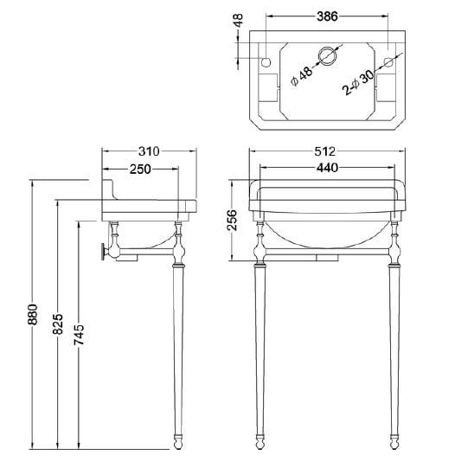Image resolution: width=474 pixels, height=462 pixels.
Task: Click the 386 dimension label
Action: coord(326,16)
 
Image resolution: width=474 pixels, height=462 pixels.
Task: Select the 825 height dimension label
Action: coord(57,324)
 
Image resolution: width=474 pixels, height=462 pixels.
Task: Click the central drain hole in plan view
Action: coord(327,56)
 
